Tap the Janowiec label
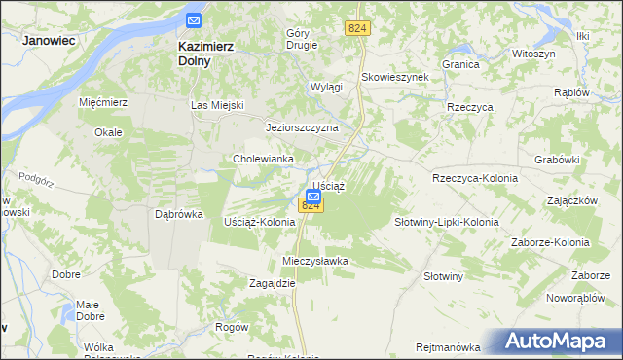(x=50, y=41)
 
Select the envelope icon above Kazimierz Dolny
(x=194, y=19)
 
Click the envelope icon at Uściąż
(x=312, y=195)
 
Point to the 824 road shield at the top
(x=357, y=30)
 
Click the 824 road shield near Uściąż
(x=311, y=206)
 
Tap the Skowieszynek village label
(x=394, y=77)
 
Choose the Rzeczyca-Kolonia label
(x=475, y=178)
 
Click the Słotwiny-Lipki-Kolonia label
(x=446, y=222)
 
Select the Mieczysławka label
(x=314, y=262)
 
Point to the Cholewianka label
(x=263, y=159)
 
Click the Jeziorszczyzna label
(x=302, y=127)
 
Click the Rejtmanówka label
(x=448, y=347)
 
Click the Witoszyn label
(x=533, y=54)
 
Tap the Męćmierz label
(x=104, y=101)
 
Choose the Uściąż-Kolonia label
(x=260, y=222)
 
